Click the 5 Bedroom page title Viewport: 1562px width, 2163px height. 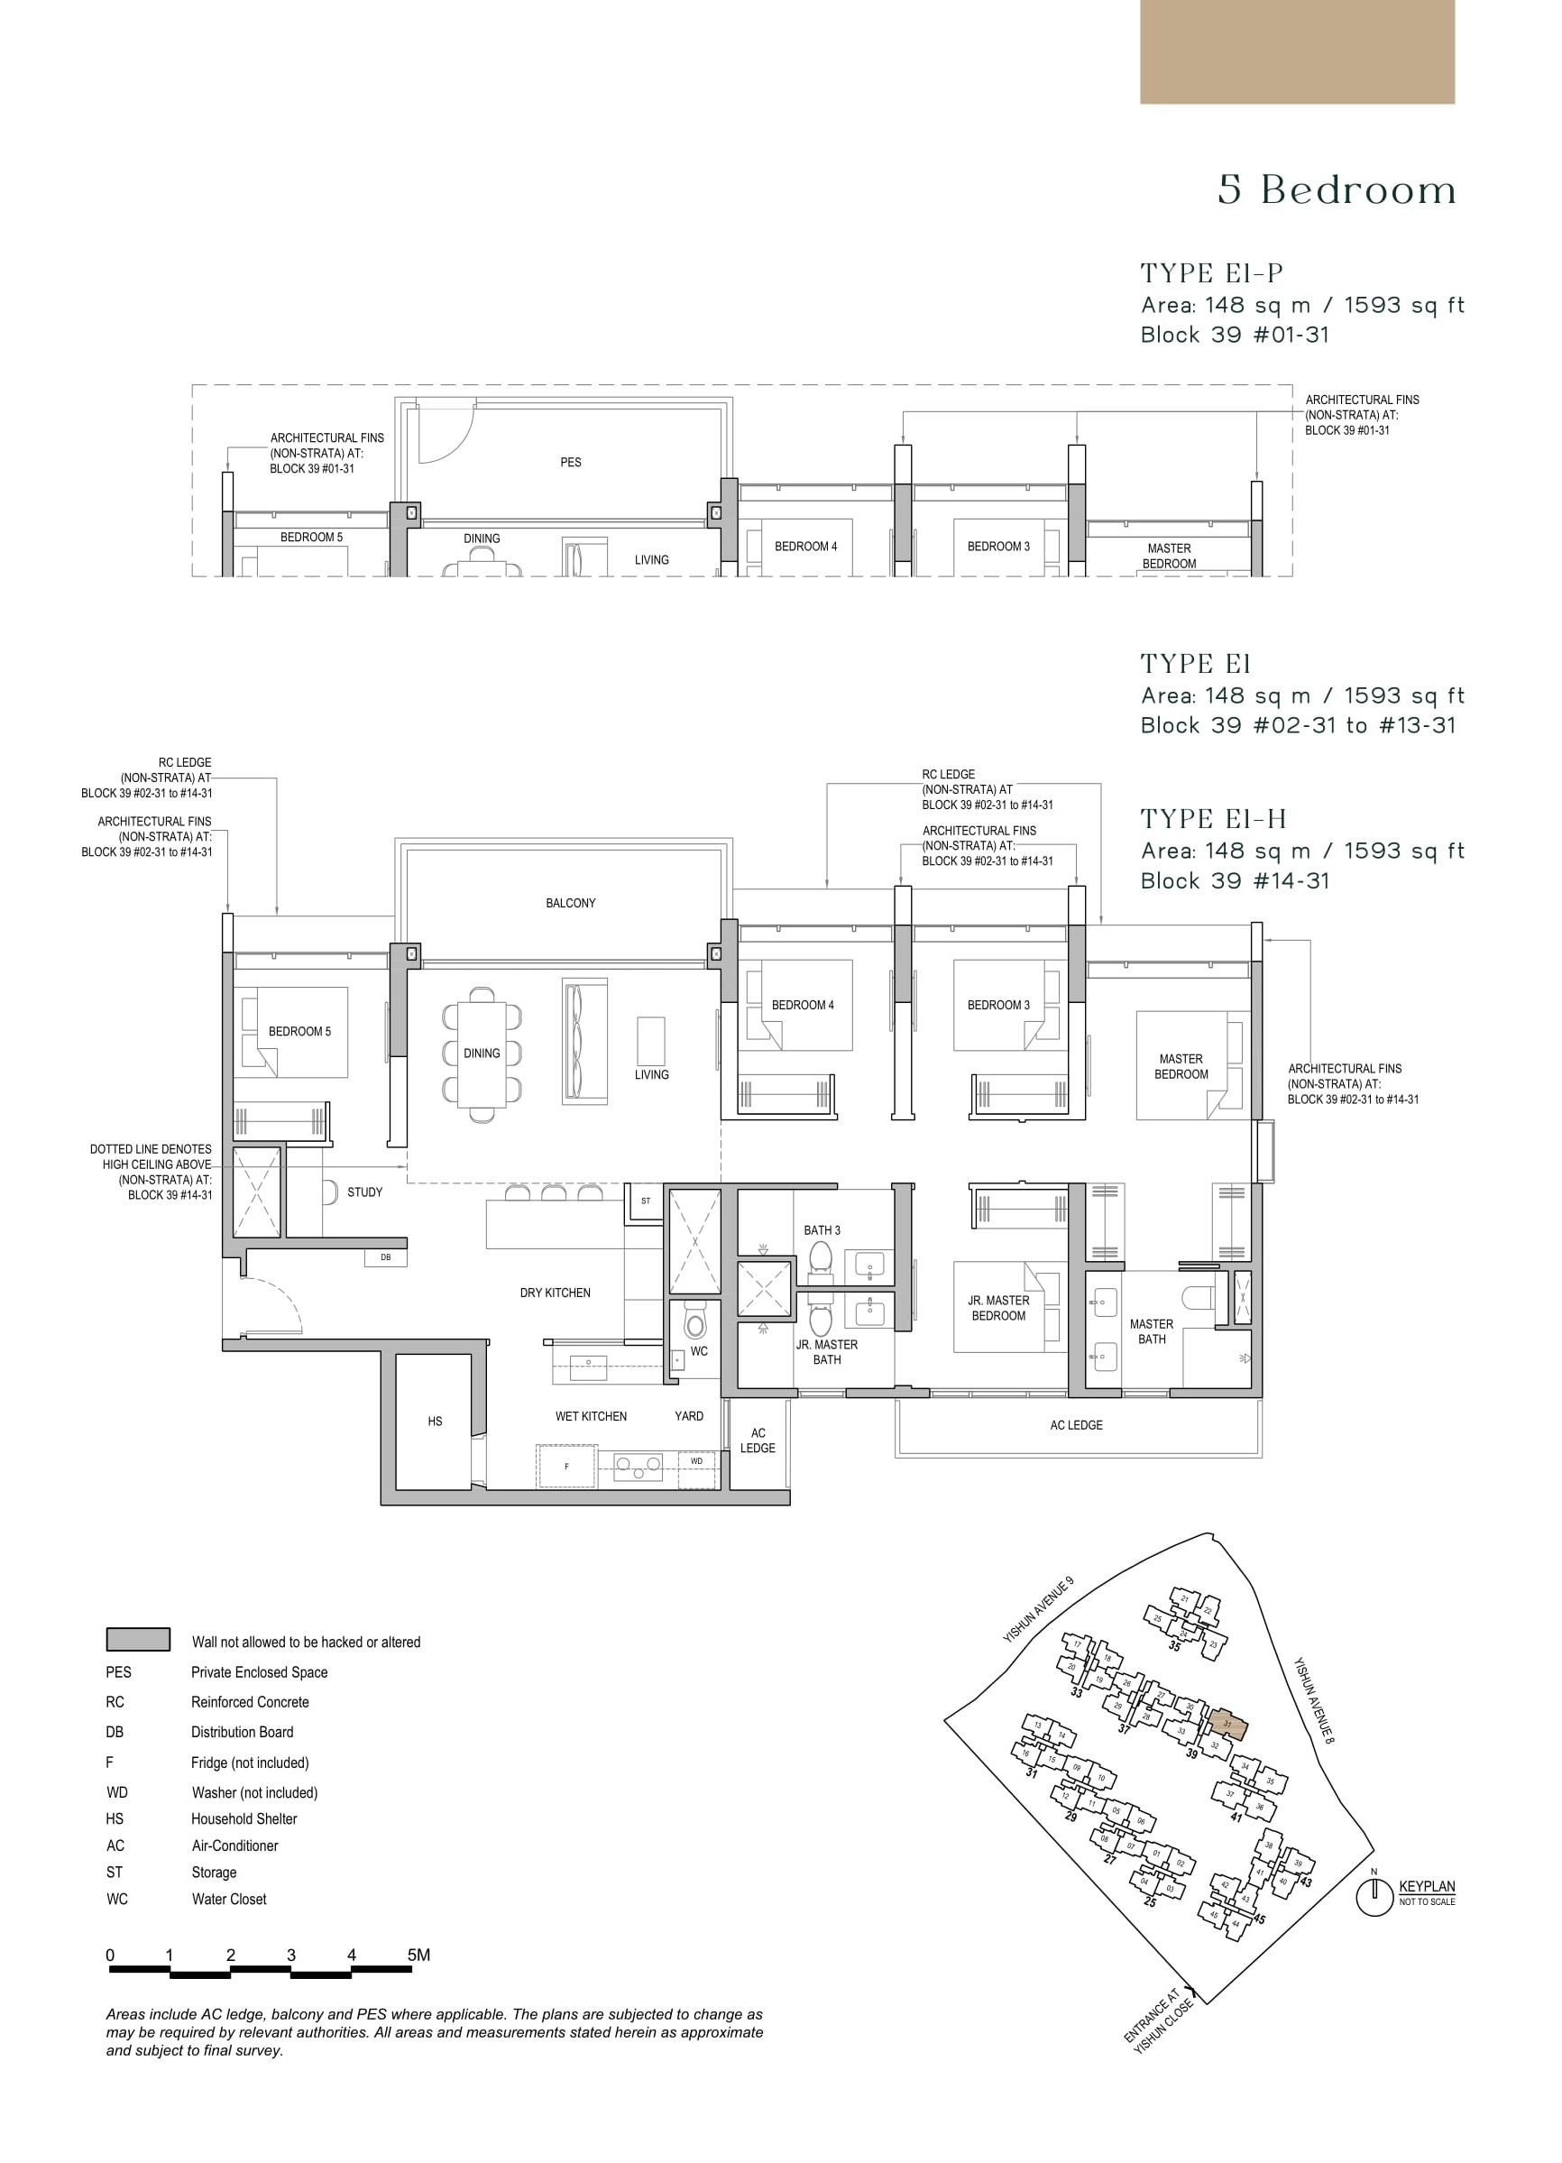1337,190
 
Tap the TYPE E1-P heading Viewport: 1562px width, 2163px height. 1211,273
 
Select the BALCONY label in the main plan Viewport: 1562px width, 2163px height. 570,903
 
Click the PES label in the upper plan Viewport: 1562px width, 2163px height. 570,463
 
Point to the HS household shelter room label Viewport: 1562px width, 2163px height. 435,1421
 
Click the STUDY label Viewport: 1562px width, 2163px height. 364,1192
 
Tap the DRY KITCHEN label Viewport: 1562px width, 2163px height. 555,1293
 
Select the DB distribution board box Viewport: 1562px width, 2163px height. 385,1258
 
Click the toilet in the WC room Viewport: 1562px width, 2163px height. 695,1325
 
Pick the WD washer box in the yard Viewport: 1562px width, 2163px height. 696,1461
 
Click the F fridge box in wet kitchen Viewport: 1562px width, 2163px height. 566,1466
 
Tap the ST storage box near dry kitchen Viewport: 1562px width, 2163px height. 646,1201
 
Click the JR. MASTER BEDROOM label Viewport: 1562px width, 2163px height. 998,1308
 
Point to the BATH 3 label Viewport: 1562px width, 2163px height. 822,1230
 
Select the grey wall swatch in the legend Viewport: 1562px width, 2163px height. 138,1640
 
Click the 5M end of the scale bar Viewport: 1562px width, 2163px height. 418,1956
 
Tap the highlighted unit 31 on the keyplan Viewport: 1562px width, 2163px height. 1228,1725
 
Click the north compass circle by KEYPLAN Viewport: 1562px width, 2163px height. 1374,1898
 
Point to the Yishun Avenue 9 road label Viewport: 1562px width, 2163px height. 1037,1610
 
